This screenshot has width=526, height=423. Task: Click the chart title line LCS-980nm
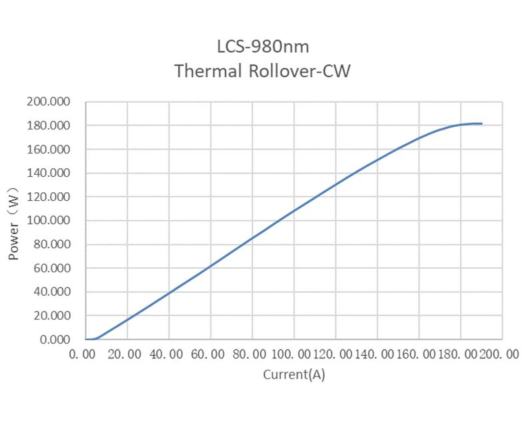click(263, 47)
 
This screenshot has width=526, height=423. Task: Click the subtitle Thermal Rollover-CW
click(262, 71)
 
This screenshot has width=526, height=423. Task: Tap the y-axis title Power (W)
click(13, 222)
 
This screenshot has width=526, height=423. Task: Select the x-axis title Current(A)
click(294, 374)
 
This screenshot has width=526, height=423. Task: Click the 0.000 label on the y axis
click(53, 340)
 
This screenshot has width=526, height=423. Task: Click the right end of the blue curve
click(481, 123)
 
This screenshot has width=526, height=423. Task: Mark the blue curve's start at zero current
click(86, 340)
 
